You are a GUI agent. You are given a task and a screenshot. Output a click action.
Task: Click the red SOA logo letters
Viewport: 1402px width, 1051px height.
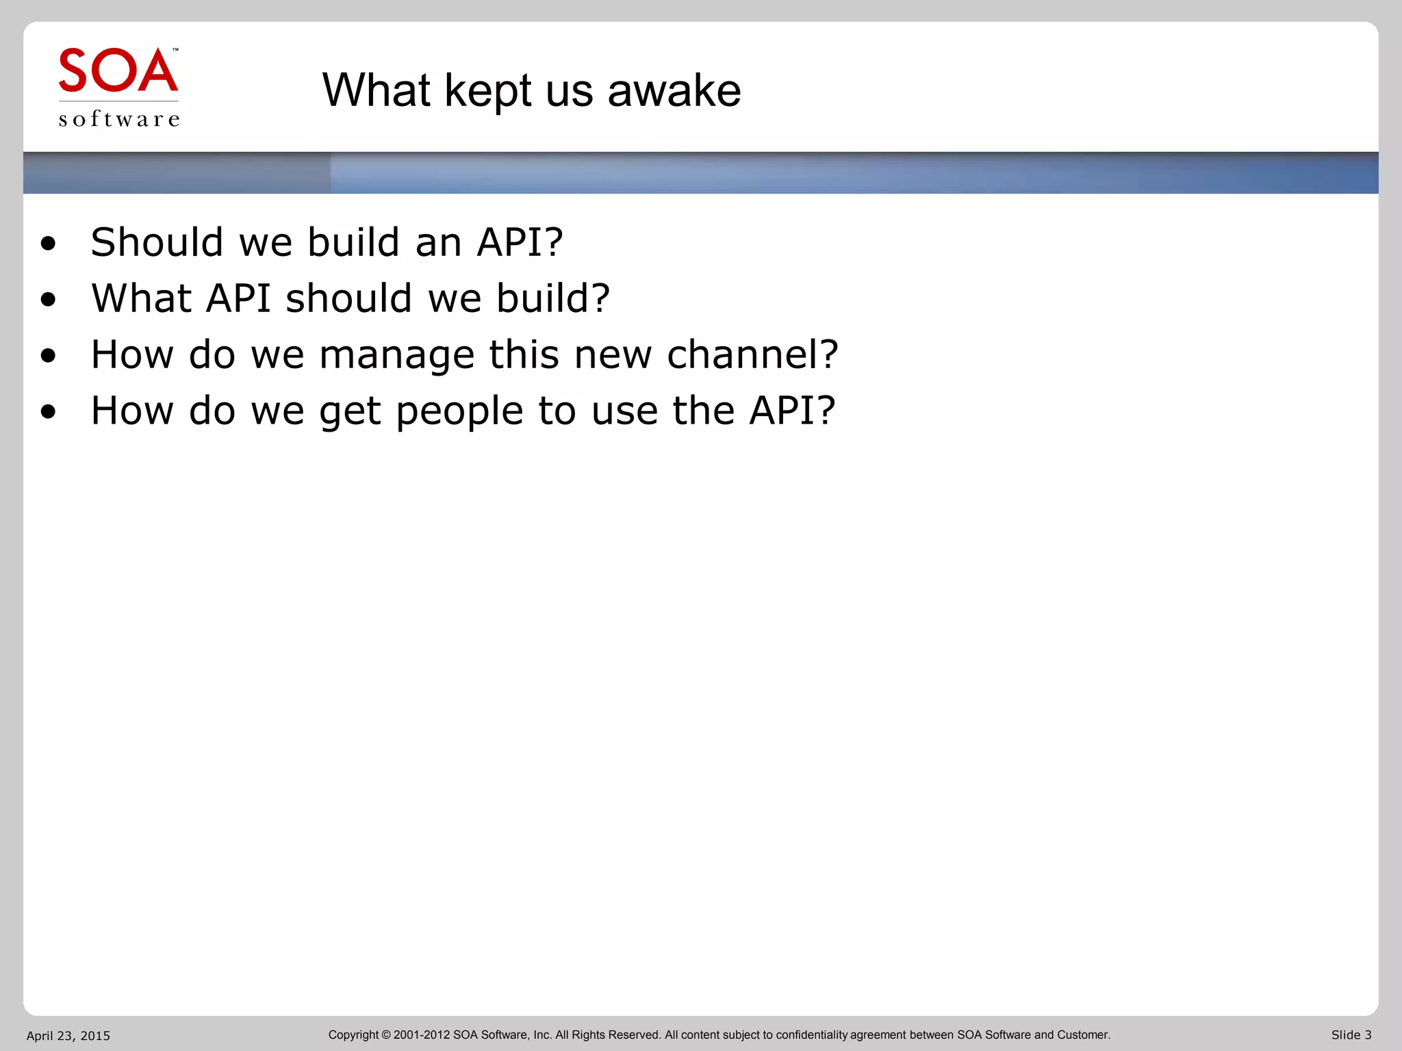coord(118,70)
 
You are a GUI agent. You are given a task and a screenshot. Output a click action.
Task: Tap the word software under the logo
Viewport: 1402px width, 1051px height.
coord(119,119)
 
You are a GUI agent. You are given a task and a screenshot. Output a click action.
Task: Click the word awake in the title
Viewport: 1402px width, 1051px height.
coord(674,90)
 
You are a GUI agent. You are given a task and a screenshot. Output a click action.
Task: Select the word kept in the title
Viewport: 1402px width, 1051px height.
coord(487,92)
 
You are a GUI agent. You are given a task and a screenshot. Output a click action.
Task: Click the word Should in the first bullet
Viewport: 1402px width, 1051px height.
coord(157,242)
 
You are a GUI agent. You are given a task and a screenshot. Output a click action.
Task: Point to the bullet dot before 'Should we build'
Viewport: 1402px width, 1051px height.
coord(48,244)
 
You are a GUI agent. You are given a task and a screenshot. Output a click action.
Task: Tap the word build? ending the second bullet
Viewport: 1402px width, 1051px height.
coord(552,298)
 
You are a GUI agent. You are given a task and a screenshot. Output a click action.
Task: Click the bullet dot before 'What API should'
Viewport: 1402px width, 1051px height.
coord(48,300)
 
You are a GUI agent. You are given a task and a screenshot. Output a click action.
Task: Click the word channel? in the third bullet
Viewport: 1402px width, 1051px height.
coord(752,354)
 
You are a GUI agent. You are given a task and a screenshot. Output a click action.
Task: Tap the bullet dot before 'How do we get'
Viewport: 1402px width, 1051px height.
coord(48,412)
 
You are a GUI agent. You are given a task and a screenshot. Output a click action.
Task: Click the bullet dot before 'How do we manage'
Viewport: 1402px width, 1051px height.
coord(48,356)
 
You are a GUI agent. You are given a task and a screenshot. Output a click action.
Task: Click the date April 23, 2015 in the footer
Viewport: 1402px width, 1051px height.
coord(68,1035)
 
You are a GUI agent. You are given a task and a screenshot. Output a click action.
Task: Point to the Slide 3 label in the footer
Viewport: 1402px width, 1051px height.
coord(1351,1035)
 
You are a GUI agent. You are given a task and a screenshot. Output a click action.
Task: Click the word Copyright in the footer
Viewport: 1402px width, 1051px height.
coord(353,1035)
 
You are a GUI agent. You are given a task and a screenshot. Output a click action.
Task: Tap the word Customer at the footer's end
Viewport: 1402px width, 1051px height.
coord(1083,1035)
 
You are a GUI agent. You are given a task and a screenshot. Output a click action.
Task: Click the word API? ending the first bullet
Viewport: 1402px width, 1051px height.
coord(520,242)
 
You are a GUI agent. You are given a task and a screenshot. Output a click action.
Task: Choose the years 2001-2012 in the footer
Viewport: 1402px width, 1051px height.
coord(421,1035)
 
